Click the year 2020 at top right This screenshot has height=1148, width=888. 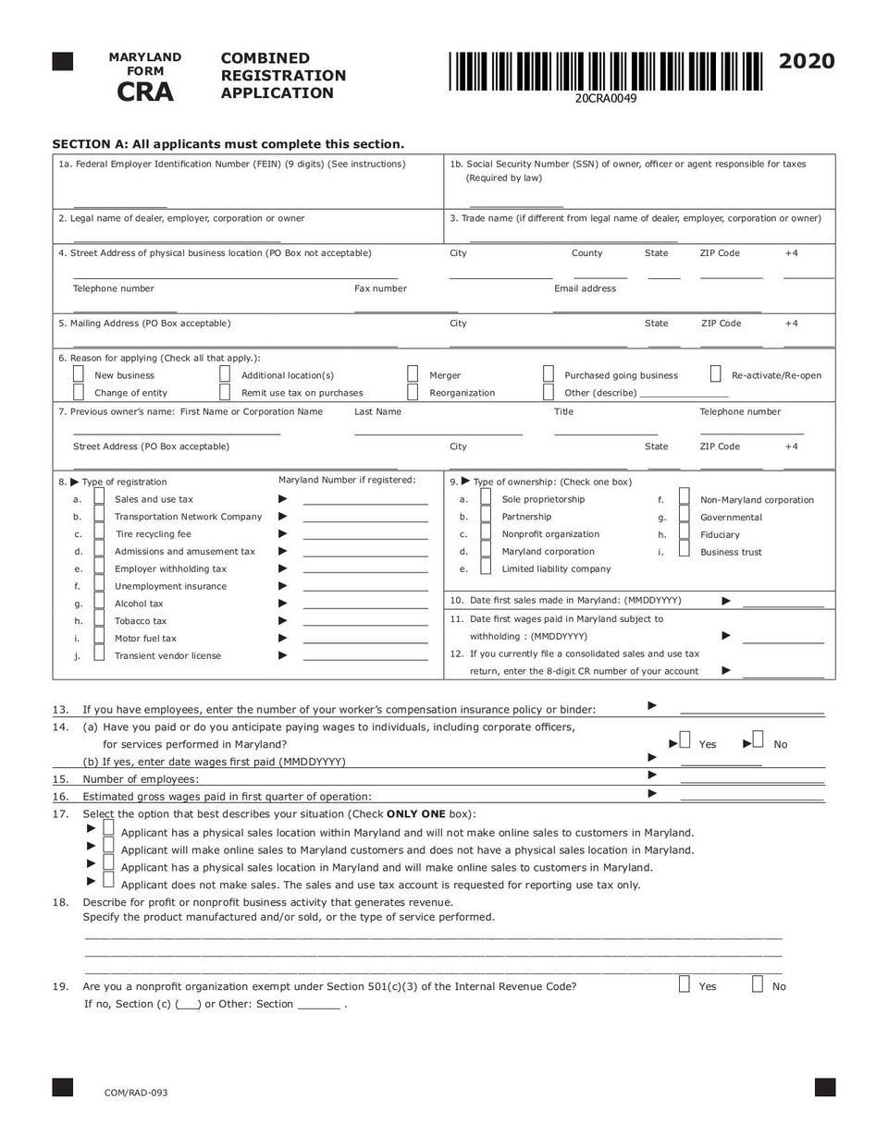(x=807, y=61)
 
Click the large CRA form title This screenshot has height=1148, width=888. (x=145, y=92)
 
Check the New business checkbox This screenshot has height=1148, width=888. (x=79, y=374)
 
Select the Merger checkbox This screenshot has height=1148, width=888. (x=413, y=374)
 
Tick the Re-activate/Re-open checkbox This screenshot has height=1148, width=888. (x=715, y=374)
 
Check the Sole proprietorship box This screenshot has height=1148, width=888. (x=486, y=499)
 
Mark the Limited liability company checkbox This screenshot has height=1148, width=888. (x=486, y=568)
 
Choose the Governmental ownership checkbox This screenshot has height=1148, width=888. (x=684, y=517)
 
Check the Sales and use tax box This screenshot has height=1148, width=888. (x=99, y=499)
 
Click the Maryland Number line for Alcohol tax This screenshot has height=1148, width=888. (x=365, y=607)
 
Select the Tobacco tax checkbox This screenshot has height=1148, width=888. (x=99, y=620)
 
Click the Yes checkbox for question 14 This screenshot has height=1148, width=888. (x=684, y=739)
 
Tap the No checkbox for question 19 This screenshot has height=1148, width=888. (x=757, y=984)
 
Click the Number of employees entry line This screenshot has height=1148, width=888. (x=751, y=783)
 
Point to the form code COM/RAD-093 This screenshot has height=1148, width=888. (x=136, y=1093)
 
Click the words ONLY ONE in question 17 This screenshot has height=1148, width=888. (x=415, y=814)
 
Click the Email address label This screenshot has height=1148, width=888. (x=585, y=288)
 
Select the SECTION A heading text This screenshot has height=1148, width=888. (x=228, y=144)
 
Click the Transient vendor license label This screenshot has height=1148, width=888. (x=167, y=656)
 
